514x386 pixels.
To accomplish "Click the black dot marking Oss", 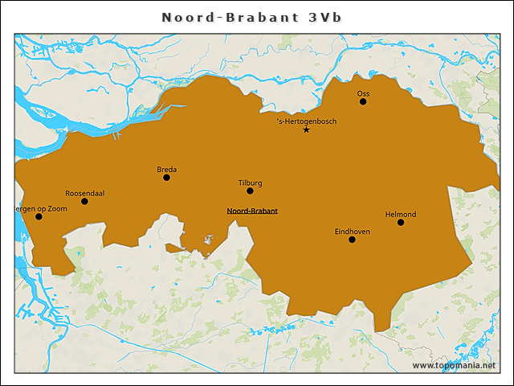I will pyautogui.click(x=363, y=101).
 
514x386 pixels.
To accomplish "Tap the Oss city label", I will pyautogui.click(x=363, y=92).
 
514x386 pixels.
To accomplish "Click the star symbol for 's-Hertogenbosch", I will pyautogui.click(x=306, y=130).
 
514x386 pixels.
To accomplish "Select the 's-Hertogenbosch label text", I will pyautogui.click(x=306, y=121).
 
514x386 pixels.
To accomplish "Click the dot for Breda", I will pyautogui.click(x=166, y=178).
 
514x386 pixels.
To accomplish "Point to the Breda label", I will pyautogui.click(x=166, y=169).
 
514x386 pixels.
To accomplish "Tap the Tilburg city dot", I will pyautogui.click(x=250, y=191).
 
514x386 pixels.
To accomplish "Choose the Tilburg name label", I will pyautogui.click(x=250, y=183).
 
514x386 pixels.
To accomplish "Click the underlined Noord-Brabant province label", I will pyautogui.click(x=252, y=211).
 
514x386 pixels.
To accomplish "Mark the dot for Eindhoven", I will pyautogui.click(x=352, y=240).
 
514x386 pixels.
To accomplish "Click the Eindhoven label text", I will pyautogui.click(x=352, y=231).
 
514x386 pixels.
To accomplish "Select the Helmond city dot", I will pyautogui.click(x=401, y=222).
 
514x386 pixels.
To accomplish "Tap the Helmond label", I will pyautogui.click(x=401, y=214).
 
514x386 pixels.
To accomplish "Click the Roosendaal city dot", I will pyautogui.click(x=84, y=201).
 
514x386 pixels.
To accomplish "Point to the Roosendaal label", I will pyautogui.click(x=84, y=193).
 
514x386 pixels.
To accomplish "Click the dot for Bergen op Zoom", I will pyautogui.click(x=39, y=216).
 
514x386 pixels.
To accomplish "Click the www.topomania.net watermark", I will pyautogui.click(x=454, y=365).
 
